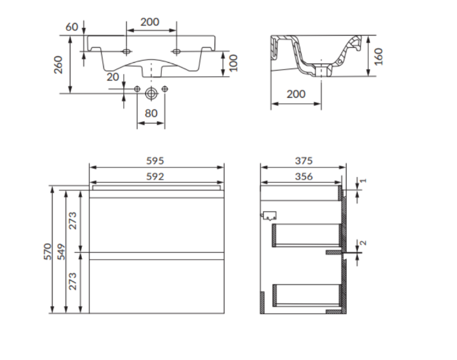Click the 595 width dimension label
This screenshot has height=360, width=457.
pyautogui.click(x=155, y=161)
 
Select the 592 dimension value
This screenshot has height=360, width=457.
pyautogui.click(x=155, y=177)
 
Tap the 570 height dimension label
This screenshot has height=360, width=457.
pyautogui.click(x=48, y=251)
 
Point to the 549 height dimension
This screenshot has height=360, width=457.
pyautogui.click(x=61, y=252)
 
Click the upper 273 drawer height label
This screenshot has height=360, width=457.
pyautogui.click(x=72, y=221)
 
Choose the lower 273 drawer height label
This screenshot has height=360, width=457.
pyautogui.click(x=72, y=281)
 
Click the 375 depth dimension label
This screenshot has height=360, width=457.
pyautogui.click(x=303, y=161)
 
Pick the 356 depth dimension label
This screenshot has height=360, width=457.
pyautogui.click(x=303, y=177)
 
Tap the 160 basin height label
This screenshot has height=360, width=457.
pyautogui.click(x=378, y=57)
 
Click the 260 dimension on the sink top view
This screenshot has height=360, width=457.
pyautogui.click(x=58, y=65)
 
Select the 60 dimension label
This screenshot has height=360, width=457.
pyautogui.click(x=72, y=27)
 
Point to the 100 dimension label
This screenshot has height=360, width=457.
pyautogui.click(x=234, y=63)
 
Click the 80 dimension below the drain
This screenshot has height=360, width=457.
pyautogui.click(x=151, y=113)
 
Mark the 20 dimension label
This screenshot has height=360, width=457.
pyautogui.click(x=113, y=77)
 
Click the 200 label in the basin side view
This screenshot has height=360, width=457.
pyautogui.click(x=296, y=94)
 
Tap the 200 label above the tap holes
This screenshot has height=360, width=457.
pyautogui.click(x=150, y=22)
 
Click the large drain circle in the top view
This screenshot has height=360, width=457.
pyautogui.click(x=151, y=93)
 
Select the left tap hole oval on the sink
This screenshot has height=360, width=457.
pyautogui.click(x=126, y=51)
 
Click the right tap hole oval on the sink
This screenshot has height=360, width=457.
pyautogui.click(x=176, y=51)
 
